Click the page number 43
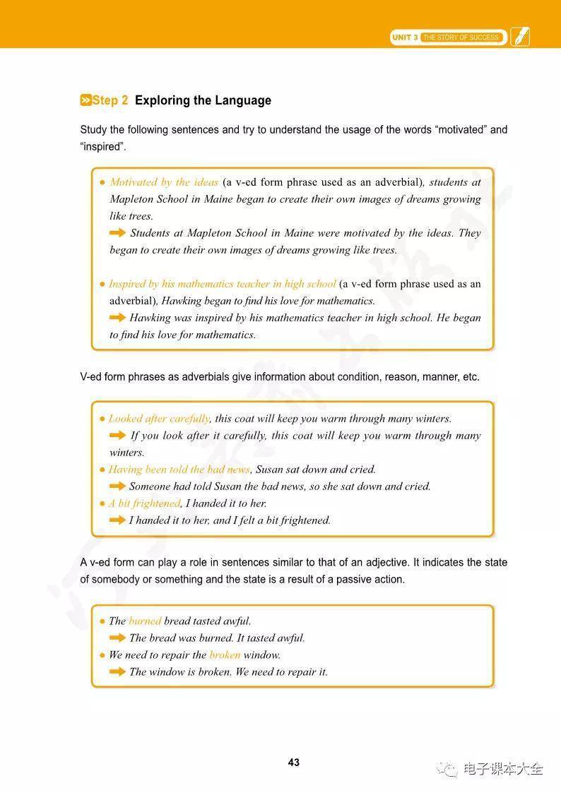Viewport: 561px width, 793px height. click(294, 762)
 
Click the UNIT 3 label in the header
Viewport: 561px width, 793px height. click(406, 37)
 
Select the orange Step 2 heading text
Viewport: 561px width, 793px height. click(105, 100)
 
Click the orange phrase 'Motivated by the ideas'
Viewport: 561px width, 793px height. click(164, 182)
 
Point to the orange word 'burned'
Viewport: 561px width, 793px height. click(145, 621)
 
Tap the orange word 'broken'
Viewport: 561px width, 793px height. click(225, 655)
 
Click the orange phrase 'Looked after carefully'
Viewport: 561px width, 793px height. click(159, 419)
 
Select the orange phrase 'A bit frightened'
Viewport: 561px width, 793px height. click(145, 503)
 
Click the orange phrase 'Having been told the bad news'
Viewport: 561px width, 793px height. click(179, 470)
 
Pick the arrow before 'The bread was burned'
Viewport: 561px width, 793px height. click(117, 638)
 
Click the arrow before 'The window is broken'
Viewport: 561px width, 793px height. click(117, 672)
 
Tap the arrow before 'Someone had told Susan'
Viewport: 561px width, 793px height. click(117, 486)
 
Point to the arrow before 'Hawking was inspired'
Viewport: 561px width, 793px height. click(117, 318)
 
